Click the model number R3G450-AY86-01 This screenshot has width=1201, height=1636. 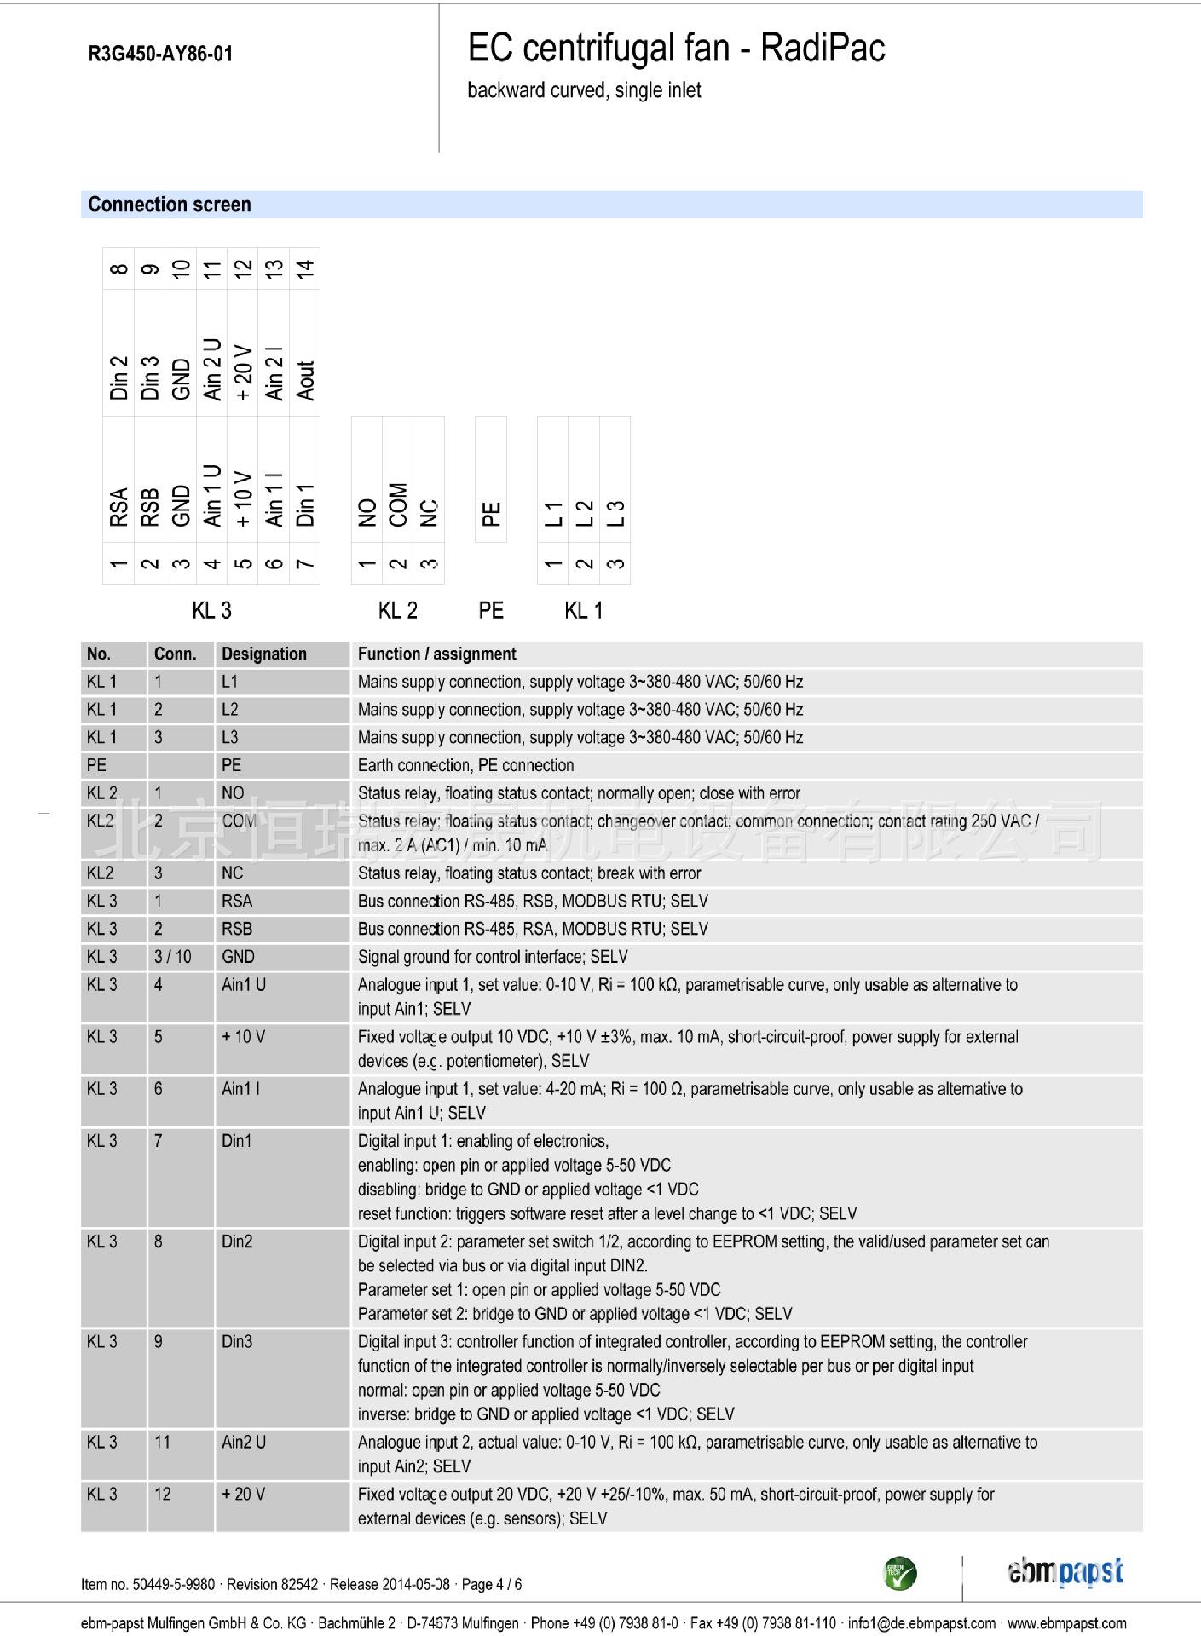tap(160, 55)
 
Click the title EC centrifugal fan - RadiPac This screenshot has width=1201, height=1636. tap(676, 49)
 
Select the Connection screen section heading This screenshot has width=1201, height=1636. tap(170, 204)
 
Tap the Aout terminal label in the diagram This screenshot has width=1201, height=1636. tap(305, 380)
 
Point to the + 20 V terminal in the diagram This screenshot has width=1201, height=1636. tap(243, 372)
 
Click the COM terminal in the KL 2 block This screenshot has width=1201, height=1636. tap(398, 504)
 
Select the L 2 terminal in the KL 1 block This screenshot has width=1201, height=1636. tap(584, 512)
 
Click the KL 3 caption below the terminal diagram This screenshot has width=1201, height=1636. tap(211, 610)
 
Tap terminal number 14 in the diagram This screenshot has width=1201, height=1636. tap(305, 268)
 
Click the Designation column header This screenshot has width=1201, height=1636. tap(264, 654)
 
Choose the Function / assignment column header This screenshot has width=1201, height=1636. tap(437, 654)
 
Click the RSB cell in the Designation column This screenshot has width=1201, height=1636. tap(237, 929)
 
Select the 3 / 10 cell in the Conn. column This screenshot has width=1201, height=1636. tap(173, 957)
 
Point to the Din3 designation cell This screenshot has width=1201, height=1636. tap(237, 1341)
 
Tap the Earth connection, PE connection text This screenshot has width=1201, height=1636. tap(465, 765)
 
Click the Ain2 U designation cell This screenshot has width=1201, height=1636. tap(244, 1442)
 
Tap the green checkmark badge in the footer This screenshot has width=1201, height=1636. tap(900, 1573)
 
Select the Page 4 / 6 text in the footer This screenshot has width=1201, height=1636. tap(492, 1584)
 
